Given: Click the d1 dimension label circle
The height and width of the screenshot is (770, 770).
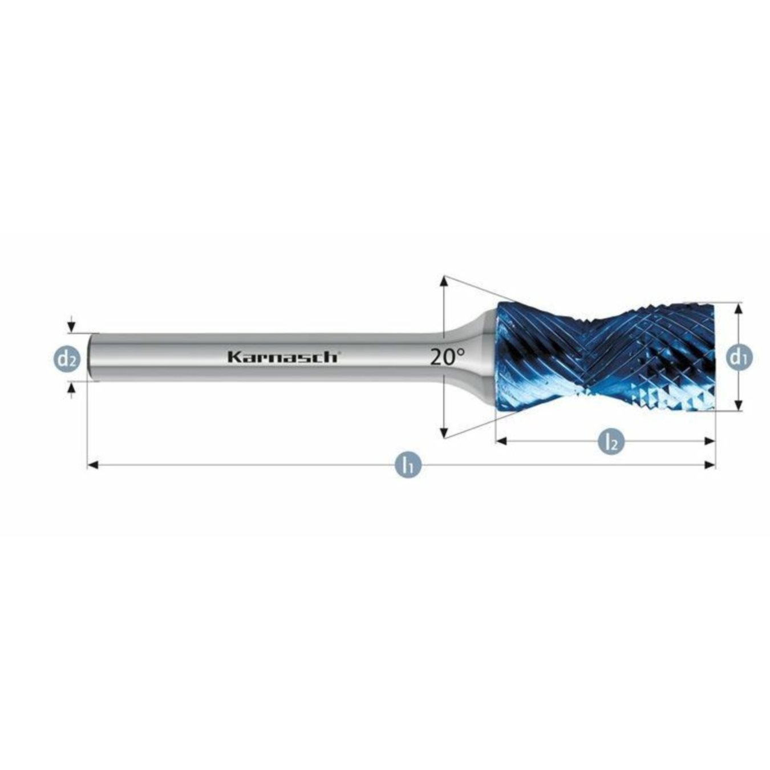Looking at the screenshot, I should pos(739,358).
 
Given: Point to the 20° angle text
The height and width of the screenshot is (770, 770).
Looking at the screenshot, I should pos(447,357).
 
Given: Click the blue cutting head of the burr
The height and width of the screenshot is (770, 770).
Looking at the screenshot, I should pos(605,356).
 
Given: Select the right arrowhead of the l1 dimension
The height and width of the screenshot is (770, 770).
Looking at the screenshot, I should pos(710,465).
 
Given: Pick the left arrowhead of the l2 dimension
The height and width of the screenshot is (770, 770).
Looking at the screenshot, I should pos(501,441).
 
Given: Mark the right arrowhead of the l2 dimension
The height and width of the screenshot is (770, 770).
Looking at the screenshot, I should pos(710,441).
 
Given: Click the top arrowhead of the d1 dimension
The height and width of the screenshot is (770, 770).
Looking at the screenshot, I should pos(739,307).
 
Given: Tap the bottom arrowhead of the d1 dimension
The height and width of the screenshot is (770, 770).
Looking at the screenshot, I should pos(739,406).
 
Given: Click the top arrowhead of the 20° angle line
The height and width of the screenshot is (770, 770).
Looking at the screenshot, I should pos(444,281).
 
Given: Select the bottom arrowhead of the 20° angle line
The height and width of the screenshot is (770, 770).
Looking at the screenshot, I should pos(444,434).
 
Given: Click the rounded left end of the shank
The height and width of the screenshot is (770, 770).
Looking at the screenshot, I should pos(92,357).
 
